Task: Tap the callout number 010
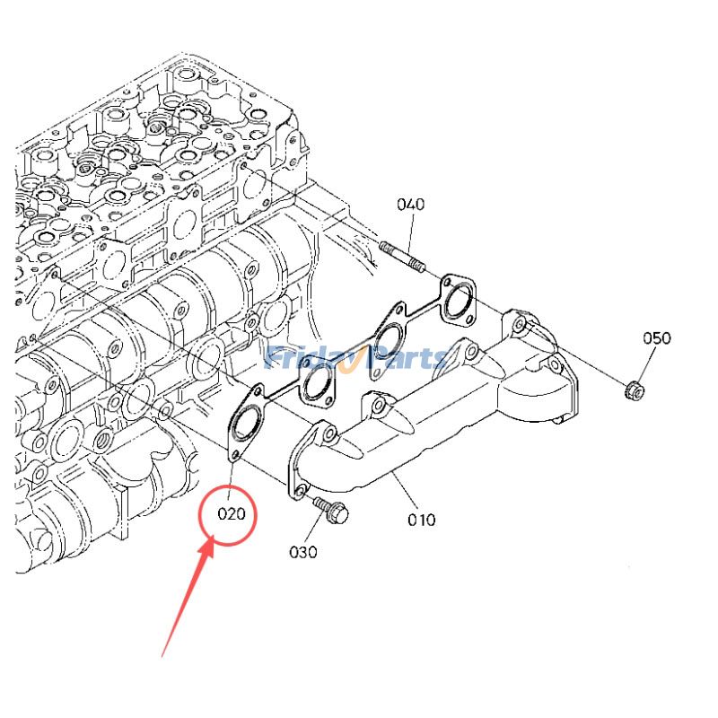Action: (421, 519)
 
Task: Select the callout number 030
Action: (302, 552)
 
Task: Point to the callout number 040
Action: (410, 205)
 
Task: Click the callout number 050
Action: (656, 338)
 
